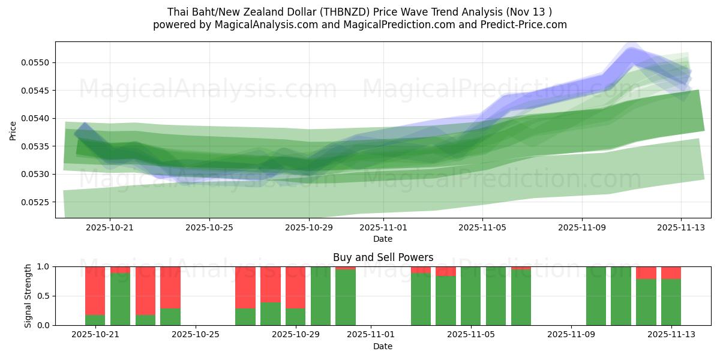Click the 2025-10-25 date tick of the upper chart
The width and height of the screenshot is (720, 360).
point(209,228)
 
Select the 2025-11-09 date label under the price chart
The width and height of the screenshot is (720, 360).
point(581,228)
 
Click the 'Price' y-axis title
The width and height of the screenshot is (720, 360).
point(13,130)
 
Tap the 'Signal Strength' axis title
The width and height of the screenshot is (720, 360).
point(28,295)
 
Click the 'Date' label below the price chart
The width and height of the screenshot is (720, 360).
point(383,239)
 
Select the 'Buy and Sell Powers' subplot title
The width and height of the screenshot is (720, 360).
point(383,257)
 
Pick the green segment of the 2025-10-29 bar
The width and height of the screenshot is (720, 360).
point(295,316)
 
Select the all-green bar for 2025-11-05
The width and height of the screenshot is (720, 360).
point(470,296)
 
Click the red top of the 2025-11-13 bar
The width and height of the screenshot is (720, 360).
point(671,272)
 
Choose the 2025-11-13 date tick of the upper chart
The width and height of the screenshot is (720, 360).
point(680,228)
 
